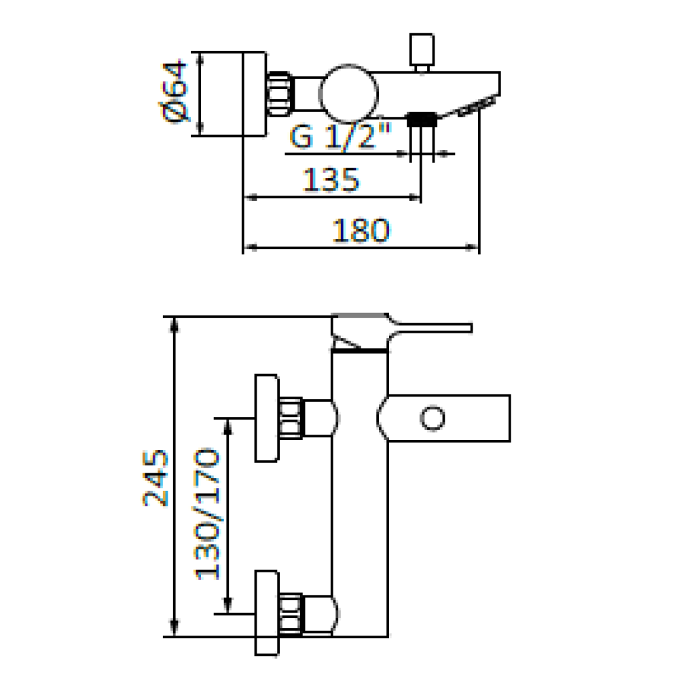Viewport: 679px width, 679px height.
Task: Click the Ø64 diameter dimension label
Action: (175, 92)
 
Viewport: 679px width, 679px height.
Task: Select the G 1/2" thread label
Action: (340, 136)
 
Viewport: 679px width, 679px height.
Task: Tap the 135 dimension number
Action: (331, 179)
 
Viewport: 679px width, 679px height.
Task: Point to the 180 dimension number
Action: (361, 230)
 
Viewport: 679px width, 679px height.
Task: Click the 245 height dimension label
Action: (155, 478)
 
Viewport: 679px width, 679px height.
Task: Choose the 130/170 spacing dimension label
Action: (207, 514)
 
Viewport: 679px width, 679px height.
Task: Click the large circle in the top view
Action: (348, 94)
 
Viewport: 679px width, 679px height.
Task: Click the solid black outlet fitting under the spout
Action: (422, 120)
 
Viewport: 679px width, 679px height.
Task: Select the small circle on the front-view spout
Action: (432, 418)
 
